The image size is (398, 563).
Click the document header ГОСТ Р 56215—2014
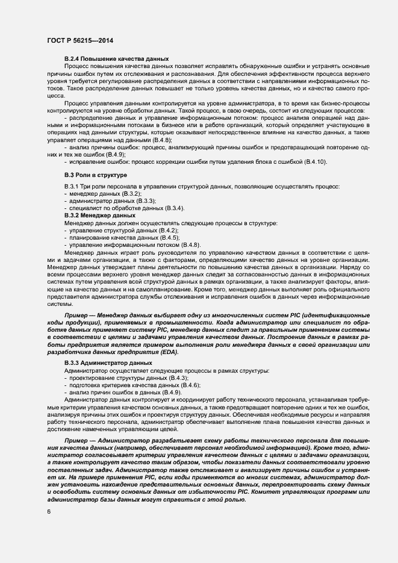pos(79,40)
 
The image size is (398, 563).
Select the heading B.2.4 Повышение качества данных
pos(116,58)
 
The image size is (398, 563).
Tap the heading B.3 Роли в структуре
pos(95,175)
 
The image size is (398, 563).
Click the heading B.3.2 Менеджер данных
pos(99,215)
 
